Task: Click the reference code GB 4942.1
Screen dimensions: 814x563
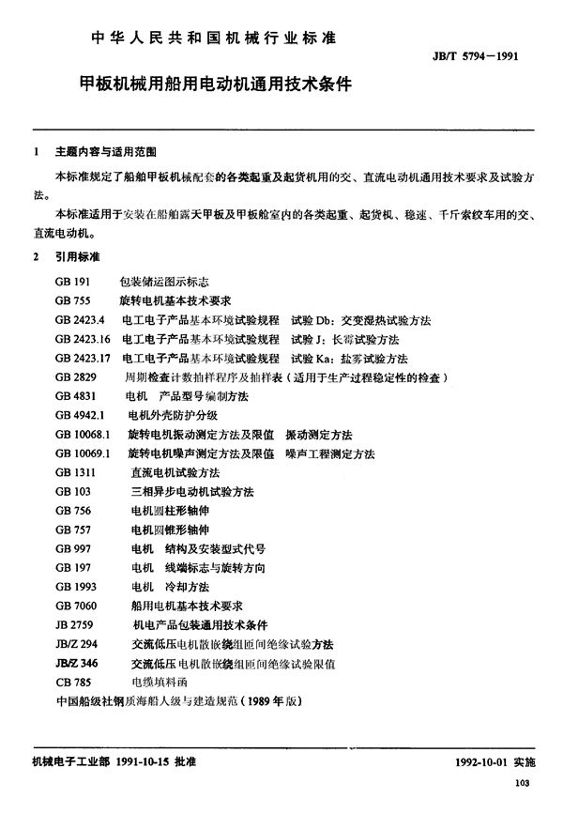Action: [x=82, y=415]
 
